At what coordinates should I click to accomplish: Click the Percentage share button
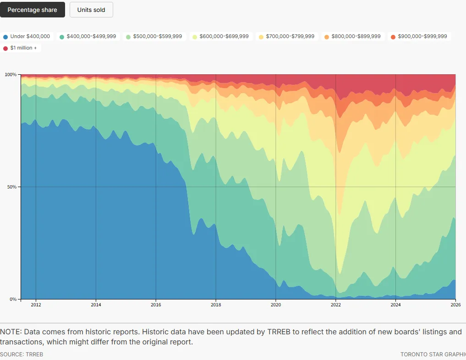33,10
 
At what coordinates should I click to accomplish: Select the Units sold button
91,10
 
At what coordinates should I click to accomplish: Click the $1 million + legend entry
23,48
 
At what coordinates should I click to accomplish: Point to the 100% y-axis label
11,74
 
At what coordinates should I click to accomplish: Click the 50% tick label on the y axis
11,187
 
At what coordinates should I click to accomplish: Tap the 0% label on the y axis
13,299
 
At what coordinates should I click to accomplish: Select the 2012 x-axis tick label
36,305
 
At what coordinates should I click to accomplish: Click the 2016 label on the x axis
156,305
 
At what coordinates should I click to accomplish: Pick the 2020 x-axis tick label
276,305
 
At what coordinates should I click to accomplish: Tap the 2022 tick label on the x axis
336,305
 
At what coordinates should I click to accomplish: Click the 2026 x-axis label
455,305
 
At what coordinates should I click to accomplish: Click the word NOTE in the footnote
10,332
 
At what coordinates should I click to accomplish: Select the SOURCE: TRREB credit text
22,354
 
